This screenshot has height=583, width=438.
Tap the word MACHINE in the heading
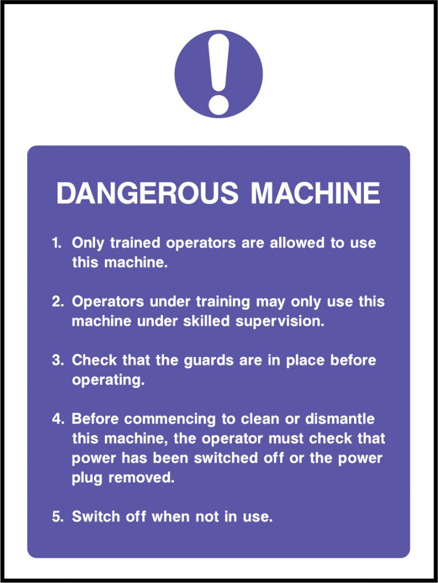316,194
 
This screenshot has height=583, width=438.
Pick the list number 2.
58,302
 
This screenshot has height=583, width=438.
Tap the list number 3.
58,360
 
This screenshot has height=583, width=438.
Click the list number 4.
58,419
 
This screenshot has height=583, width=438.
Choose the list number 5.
58,517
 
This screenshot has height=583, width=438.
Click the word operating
108,381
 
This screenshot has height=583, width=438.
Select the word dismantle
340,419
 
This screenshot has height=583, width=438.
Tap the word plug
87,478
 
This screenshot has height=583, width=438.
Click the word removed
141,478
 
